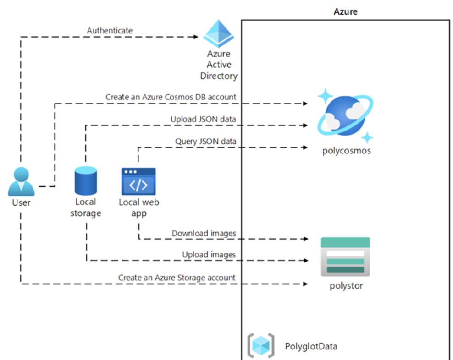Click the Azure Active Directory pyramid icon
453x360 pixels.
pyautogui.click(x=219, y=33)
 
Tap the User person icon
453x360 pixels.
pyautogui.click(x=21, y=182)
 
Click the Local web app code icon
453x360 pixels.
pyautogui.click(x=138, y=181)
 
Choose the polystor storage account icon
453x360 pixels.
pyautogui.click(x=345, y=256)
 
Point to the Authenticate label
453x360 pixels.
pyautogui.click(x=110, y=31)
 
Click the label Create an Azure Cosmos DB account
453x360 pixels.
pyautogui.click(x=171, y=97)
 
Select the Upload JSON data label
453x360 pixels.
pyautogui.click(x=203, y=119)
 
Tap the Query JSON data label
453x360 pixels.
pyautogui.click(x=206, y=141)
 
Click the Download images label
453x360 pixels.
pyautogui.click(x=204, y=234)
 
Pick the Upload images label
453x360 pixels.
pyautogui.click(x=209, y=255)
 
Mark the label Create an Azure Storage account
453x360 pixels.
pyautogui.click(x=177, y=278)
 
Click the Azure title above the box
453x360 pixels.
pyautogui.click(x=345, y=11)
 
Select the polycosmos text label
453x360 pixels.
pyautogui.click(x=346, y=150)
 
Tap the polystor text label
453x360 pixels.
pyautogui.click(x=346, y=286)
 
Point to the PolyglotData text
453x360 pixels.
pyautogui.click(x=311, y=346)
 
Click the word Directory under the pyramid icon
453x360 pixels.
pyautogui.click(x=219, y=76)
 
